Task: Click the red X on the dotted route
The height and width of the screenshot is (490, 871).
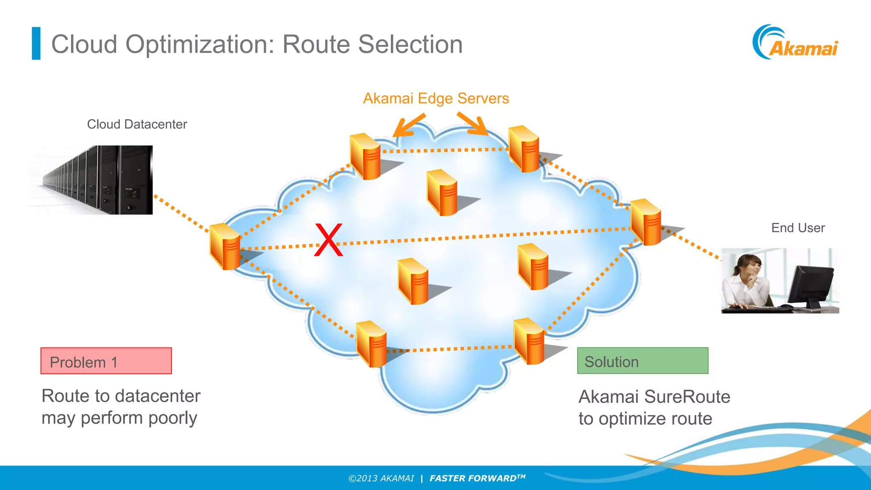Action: (x=328, y=240)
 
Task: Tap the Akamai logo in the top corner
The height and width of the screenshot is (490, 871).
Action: (x=796, y=43)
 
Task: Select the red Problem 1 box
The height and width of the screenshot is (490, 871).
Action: (x=106, y=361)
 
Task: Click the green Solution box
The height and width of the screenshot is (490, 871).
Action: (x=642, y=361)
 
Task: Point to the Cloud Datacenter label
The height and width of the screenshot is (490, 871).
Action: (x=137, y=124)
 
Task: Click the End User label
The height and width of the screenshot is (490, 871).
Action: (x=798, y=228)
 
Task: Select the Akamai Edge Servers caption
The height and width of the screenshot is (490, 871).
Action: (x=435, y=99)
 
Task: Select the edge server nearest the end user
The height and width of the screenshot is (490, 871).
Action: (x=646, y=222)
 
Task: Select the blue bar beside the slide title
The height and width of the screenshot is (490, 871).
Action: (x=36, y=43)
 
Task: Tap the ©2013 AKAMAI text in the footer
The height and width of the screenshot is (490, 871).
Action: (x=381, y=479)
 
